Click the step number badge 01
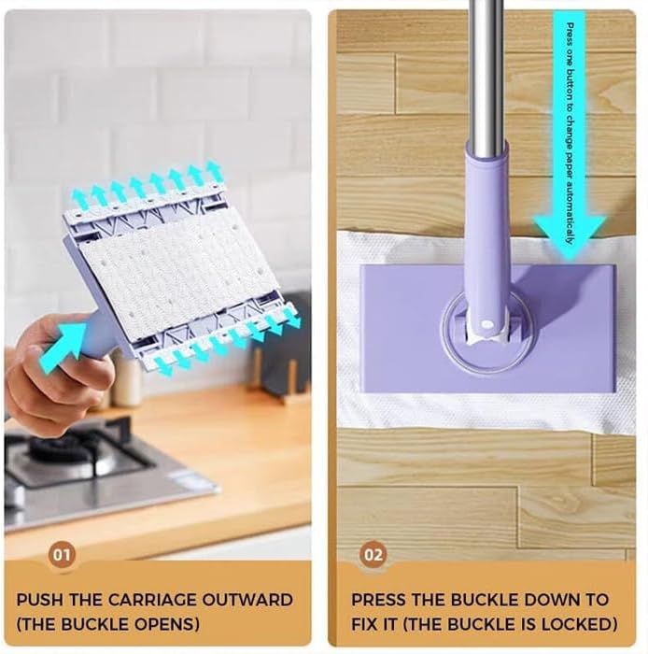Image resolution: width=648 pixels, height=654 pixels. (x=62, y=556)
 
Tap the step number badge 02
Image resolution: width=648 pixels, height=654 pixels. (x=373, y=556)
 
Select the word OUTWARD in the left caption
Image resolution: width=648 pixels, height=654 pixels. (x=253, y=600)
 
